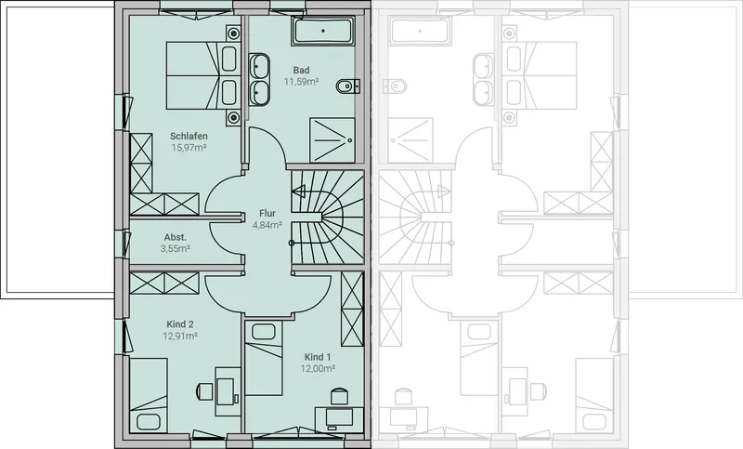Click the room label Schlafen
(189, 136)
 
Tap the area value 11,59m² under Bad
(301, 82)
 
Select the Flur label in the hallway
(267, 214)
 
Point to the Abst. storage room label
(176, 237)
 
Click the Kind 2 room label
(180, 324)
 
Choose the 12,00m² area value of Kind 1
(318, 368)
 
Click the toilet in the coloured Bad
(347, 86)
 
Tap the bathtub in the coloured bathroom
(323, 31)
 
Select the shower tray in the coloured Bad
(332, 139)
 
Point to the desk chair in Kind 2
(204, 391)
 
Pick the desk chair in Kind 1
(338, 396)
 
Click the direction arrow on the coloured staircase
(298, 191)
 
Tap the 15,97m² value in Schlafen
(189, 148)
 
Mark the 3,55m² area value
(176, 248)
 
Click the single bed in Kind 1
(264, 358)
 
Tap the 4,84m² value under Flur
(267, 225)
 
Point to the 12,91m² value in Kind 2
(180, 337)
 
